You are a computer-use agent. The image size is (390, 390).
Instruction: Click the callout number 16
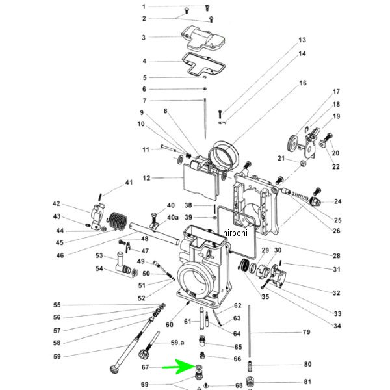[302, 83]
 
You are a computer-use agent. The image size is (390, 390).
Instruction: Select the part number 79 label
[306, 333]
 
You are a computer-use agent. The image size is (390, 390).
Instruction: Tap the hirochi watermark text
[235, 233]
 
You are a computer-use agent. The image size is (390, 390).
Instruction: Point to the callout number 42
[56, 203]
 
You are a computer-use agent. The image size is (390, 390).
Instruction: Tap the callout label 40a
[172, 217]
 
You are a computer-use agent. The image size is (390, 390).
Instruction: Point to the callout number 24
[337, 201]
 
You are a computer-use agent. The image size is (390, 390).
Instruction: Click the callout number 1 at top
[144, 6]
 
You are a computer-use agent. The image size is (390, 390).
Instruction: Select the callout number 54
[99, 268]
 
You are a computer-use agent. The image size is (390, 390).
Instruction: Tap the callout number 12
[146, 177]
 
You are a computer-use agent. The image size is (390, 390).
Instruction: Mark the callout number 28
[337, 255]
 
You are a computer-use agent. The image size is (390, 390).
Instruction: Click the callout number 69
[144, 385]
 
